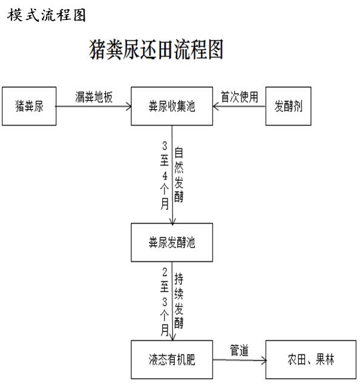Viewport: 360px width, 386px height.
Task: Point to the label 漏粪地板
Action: point(94,97)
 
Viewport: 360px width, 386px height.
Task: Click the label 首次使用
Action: point(240,97)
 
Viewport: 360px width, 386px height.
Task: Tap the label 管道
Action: point(239,350)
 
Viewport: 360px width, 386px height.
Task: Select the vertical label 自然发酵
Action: point(178,174)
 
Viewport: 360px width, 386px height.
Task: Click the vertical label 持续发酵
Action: point(178,301)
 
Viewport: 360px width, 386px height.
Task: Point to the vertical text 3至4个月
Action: point(165,175)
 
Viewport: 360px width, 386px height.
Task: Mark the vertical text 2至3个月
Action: point(165,302)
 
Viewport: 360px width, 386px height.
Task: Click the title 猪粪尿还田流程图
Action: point(156,50)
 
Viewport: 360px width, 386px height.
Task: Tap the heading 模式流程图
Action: point(47,15)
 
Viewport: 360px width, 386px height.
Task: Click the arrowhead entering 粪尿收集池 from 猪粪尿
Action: point(129,106)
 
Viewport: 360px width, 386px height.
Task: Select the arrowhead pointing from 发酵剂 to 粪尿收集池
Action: point(216,106)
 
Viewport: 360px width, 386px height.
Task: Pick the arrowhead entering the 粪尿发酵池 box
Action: point(172,221)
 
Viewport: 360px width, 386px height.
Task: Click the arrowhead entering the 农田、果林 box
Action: point(264,361)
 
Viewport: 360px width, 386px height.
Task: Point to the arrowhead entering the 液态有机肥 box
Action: point(172,338)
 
